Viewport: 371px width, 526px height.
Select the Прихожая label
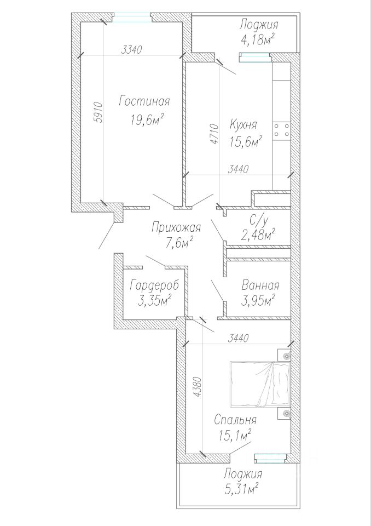(176, 228)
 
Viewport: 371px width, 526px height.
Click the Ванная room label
(260, 285)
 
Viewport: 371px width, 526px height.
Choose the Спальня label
(235, 421)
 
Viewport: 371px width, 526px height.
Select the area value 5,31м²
(241, 488)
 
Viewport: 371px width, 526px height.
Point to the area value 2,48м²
(258, 235)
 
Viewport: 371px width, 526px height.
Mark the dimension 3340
(131, 50)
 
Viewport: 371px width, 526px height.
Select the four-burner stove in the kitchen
(282, 130)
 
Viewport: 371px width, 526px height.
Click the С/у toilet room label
(258, 221)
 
